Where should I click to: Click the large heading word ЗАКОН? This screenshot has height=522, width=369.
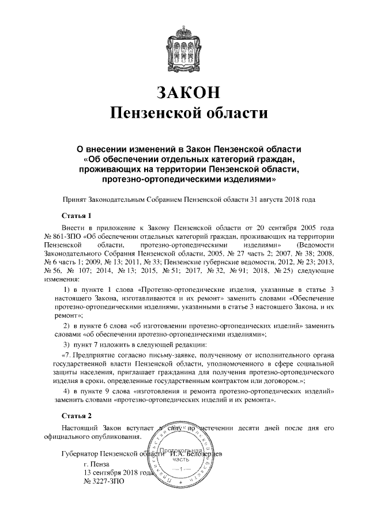[x=184, y=92]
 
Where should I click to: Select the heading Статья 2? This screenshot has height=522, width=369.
[x=76, y=415]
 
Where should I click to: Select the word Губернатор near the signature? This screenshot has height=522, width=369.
[x=80, y=453]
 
